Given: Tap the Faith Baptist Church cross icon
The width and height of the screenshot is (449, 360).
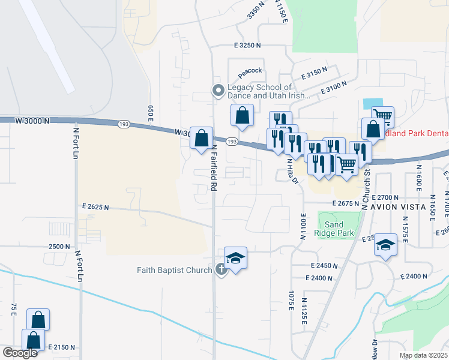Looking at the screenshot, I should (221, 270).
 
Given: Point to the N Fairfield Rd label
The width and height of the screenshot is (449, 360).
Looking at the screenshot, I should (213, 170).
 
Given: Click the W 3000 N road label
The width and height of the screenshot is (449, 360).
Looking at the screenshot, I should (29, 121).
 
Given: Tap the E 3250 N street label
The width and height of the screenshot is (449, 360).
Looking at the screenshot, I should (247, 45).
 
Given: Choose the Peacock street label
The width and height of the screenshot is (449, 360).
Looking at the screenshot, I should (250, 72).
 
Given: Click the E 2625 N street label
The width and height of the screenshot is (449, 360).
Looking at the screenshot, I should (95, 208).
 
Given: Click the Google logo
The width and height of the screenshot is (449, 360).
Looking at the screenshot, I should (20, 353).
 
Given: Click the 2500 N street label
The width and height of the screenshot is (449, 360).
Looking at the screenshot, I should (59, 247).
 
